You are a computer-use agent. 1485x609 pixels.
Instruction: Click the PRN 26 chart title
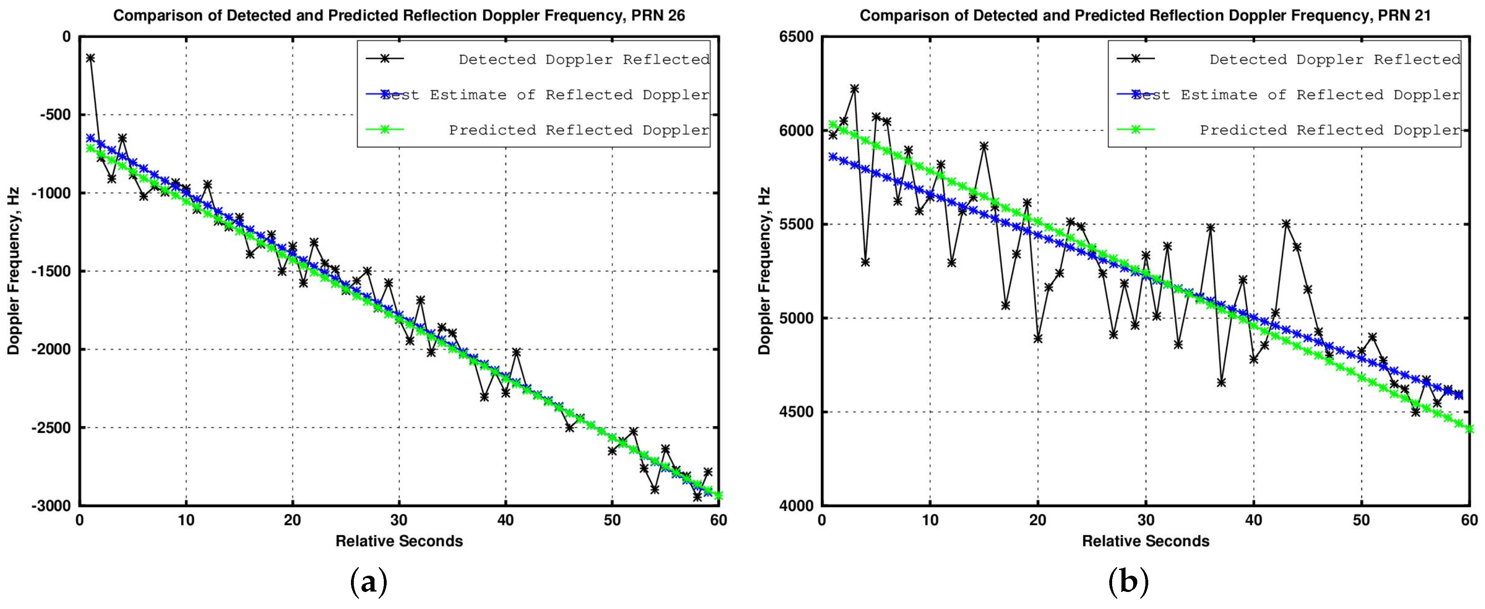[x=399, y=15]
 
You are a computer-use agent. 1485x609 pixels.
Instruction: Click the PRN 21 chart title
[x=1145, y=15]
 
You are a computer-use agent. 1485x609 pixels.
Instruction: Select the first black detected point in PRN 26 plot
[x=90, y=58]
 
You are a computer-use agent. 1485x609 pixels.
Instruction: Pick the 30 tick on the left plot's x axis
[x=399, y=520]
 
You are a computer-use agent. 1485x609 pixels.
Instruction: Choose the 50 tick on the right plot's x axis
[x=1362, y=520]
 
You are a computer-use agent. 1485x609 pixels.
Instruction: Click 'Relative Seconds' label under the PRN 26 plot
[x=399, y=541]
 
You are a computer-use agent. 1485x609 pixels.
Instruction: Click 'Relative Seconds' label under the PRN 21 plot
[x=1145, y=541]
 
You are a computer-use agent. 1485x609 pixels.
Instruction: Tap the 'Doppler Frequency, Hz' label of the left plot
[x=13, y=271]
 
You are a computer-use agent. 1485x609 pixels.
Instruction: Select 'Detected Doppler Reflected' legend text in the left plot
[x=583, y=59]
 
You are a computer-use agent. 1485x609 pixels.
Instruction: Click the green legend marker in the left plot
[x=385, y=130]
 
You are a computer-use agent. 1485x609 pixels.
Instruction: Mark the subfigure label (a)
[x=368, y=583]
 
